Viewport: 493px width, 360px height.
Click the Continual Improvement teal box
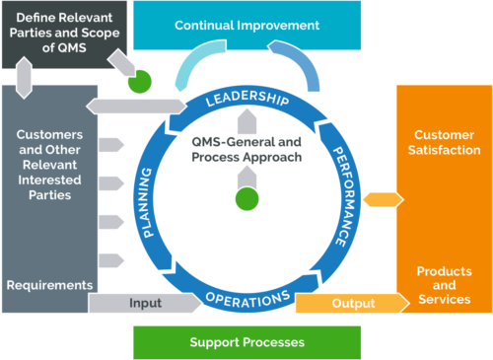(x=246, y=24)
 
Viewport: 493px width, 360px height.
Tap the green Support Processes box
(x=246, y=342)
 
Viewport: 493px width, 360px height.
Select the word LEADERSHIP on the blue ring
(x=246, y=99)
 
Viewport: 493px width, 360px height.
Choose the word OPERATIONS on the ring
(x=247, y=297)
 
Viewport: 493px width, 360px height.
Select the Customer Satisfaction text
(x=447, y=142)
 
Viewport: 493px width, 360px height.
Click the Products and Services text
(x=444, y=285)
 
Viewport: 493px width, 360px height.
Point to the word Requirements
(x=49, y=285)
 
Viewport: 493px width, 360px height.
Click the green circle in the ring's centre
(x=246, y=199)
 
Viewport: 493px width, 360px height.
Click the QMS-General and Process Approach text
(x=246, y=149)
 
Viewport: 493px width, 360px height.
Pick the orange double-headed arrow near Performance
(x=377, y=200)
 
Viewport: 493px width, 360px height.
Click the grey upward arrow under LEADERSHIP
(x=246, y=122)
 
